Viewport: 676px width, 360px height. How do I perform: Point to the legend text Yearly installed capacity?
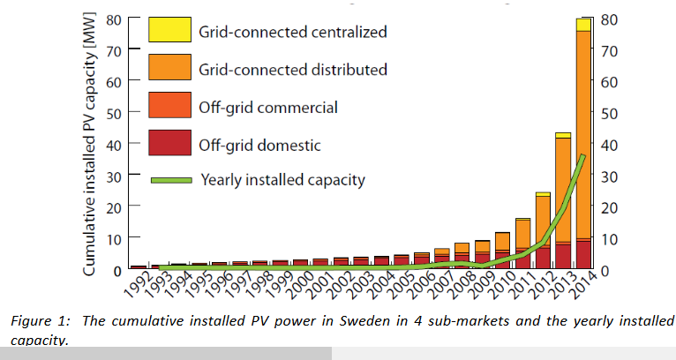[282, 180]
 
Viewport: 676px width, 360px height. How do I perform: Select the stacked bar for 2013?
[562, 203]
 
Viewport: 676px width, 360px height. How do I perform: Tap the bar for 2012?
[543, 231]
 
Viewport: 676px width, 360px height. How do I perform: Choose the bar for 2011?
[522, 244]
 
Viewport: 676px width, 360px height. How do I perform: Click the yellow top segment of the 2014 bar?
[583, 24]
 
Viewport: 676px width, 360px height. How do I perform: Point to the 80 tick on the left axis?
[114, 19]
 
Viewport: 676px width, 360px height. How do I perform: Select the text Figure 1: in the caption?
[40, 320]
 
